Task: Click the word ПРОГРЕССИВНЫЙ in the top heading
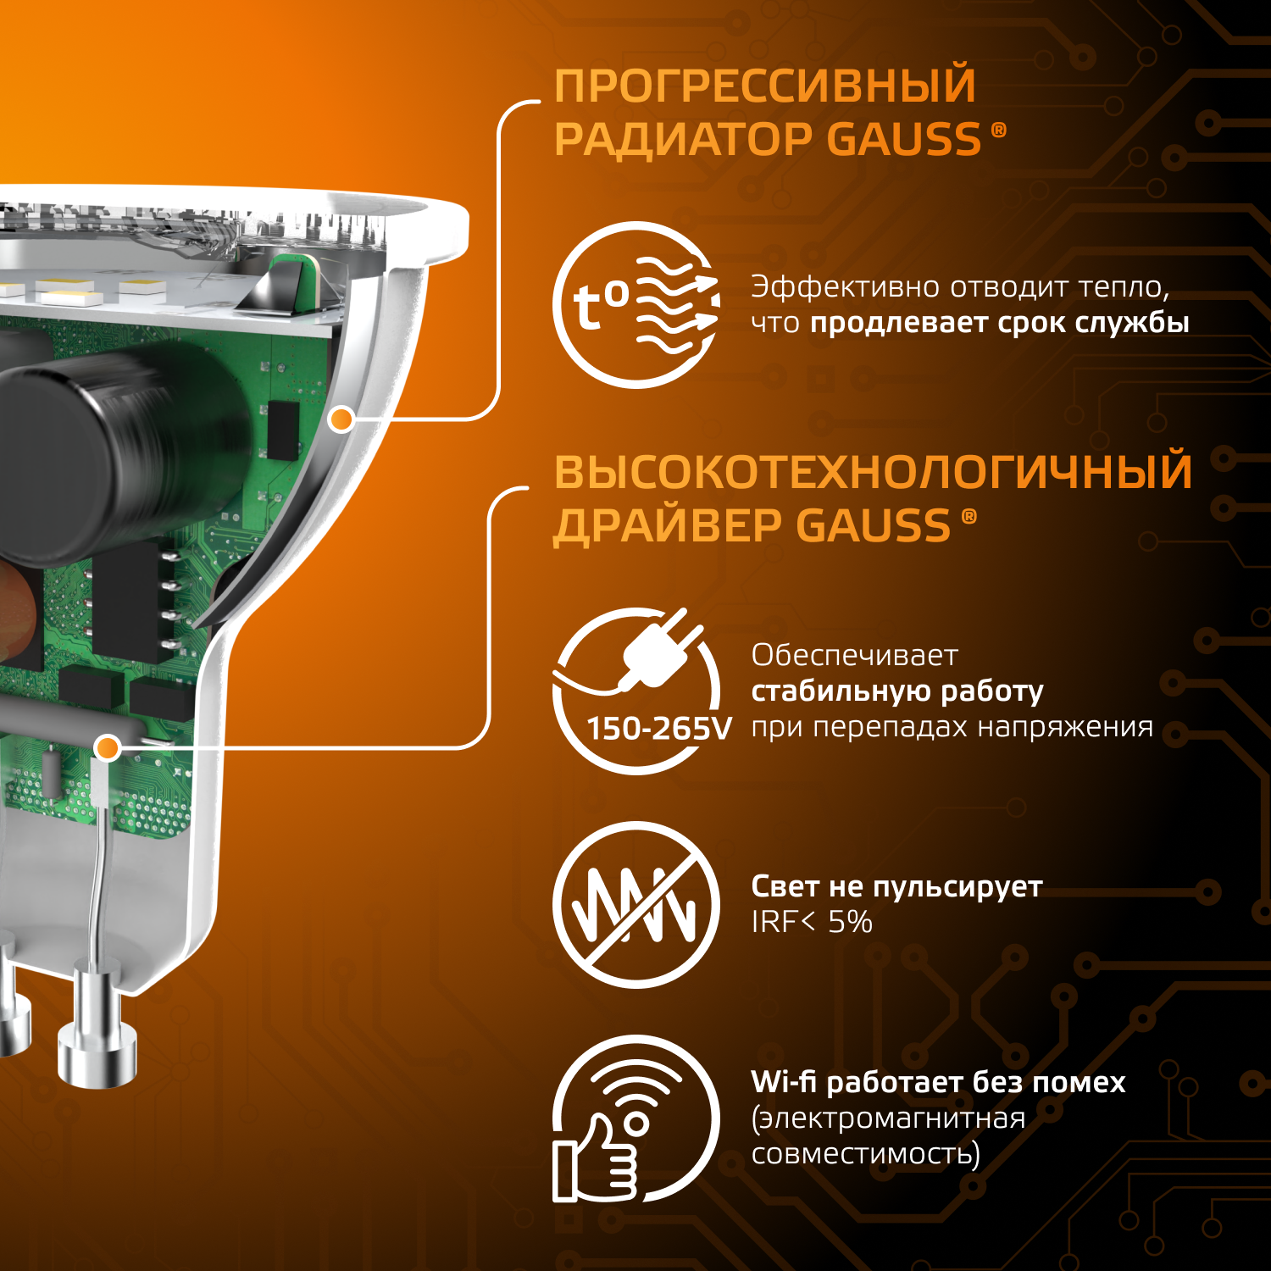tap(764, 86)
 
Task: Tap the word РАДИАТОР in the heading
tap(682, 140)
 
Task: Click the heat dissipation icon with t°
tap(636, 305)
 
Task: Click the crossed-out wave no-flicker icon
tap(636, 905)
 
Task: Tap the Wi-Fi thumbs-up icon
tap(636, 1118)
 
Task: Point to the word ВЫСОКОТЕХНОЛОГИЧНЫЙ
tap(873, 473)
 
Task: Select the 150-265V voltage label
tap(659, 729)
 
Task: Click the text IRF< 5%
tap(812, 922)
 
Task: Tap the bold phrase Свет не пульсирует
tap(896, 886)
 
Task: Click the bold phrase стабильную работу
tap(897, 691)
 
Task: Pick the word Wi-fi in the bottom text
tap(783, 1082)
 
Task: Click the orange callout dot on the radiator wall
tap(341, 419)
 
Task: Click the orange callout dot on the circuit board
tap(108, 747)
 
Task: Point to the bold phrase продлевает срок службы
tap(1000, 323)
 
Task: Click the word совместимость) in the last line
tap(865, 1154)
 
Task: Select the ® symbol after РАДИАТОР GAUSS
tap(999, 130)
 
